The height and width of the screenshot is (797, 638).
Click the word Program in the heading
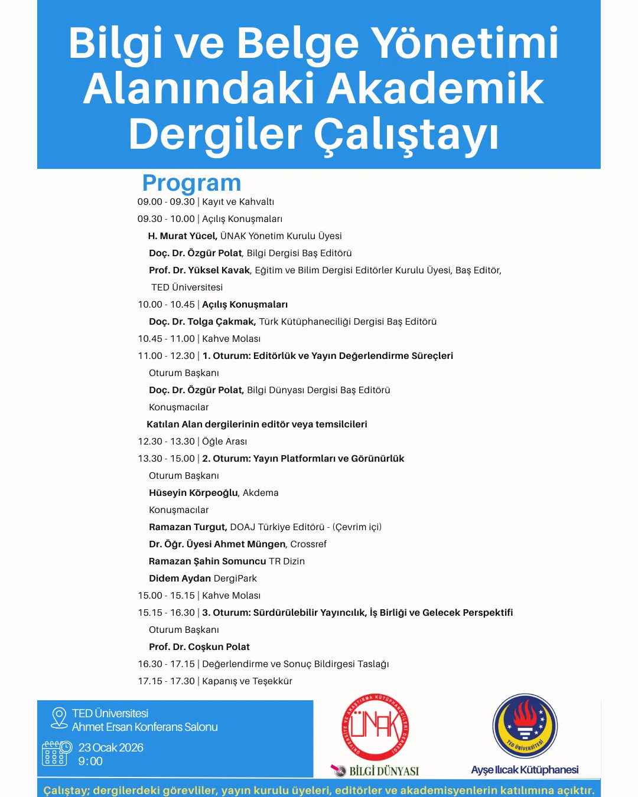coord(191,184)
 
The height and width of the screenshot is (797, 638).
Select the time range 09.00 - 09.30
coord(166,202)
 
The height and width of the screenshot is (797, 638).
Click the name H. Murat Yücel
coord(183,236)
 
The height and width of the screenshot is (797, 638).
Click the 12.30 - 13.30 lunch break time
coord(167,442)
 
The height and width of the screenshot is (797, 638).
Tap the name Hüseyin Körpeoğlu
coord(193,493)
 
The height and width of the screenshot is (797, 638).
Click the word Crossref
coord(308,544)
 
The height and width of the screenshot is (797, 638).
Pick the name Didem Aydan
coord(180,579)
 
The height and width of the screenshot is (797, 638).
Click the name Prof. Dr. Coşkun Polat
coord(199,647)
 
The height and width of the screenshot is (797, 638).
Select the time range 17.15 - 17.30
coord(167,681)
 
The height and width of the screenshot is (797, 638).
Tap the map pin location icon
coord(59,718)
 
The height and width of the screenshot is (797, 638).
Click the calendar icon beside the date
coord(56,753)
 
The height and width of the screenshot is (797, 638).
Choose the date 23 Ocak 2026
coord(111,748)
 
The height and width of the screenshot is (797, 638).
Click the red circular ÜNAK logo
coord(376,727)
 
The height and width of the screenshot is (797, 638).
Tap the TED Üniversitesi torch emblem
coord(525,726)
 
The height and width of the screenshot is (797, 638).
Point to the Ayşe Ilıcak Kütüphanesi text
coord(525,770)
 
